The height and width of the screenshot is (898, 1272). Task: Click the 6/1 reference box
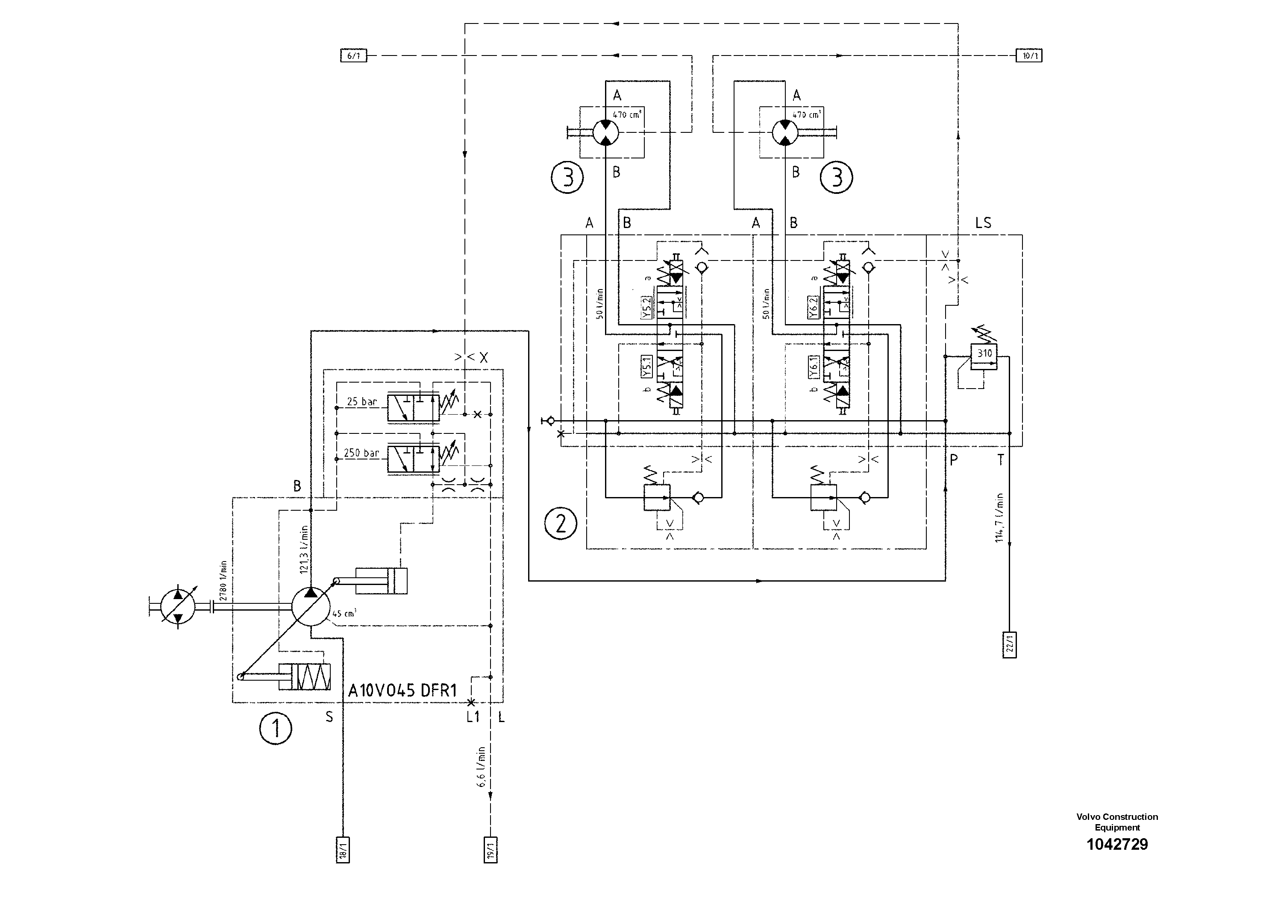353,56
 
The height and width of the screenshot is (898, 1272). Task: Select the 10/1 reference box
1029,56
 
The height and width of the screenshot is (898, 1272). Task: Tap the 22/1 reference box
1009,644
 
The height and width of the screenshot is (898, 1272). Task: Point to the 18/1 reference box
343,850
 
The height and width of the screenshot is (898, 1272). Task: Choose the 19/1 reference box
490,850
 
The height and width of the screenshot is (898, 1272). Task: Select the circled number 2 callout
561,523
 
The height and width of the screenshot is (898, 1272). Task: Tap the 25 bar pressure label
362,402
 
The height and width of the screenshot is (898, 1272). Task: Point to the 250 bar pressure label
361,453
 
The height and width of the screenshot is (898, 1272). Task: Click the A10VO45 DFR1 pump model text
402,691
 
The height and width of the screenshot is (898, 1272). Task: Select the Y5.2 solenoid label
646,308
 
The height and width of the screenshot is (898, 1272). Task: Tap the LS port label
983,223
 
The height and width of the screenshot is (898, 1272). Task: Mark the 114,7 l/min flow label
999,518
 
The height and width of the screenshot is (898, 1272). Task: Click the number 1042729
1117,844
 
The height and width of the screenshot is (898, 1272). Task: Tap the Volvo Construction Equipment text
1117,822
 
